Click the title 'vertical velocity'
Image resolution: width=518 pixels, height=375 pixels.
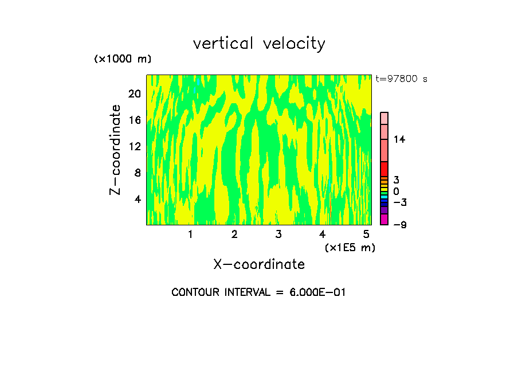tap(259, 44)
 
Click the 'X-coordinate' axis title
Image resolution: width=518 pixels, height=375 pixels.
tap(259, 264)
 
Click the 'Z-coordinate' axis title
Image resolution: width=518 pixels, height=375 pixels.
tap(116, 150)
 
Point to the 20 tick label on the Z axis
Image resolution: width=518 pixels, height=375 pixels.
tap(135, 93)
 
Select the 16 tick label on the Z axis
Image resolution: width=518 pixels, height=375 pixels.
tap(135, 120)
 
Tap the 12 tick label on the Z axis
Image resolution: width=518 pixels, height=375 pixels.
tap(135, 146)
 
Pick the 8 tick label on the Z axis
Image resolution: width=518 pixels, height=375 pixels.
tap(138, 173)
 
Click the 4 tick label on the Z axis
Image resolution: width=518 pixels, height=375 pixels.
tap(138, 199)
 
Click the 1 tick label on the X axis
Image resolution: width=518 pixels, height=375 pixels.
tap(190, 235)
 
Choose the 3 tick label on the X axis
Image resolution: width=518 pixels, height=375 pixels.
tap(278, 235)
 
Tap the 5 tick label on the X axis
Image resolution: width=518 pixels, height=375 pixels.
tap(366, 235)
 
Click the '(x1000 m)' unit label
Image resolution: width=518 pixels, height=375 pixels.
tap(123, 60)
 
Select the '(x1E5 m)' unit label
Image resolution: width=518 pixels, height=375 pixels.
tap(350, 248)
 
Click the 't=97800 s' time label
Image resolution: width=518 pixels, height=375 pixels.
tap(402, 79)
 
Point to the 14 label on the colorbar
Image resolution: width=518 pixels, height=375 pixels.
tap(399, 139)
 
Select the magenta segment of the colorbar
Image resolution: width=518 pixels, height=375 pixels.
tap(384, 220)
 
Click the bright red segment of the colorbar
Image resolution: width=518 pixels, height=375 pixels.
tap(384, 169)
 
